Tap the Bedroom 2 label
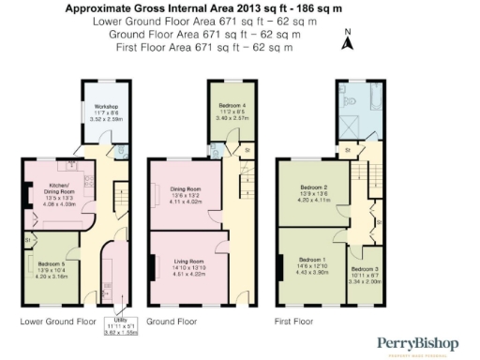click(x=313, y=188)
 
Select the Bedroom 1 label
click(x=312, y=260)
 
